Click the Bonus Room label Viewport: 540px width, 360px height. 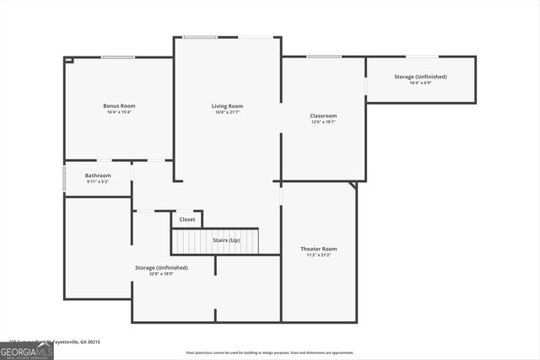tap(119, 105)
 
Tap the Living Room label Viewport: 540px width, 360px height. tap(227, 105)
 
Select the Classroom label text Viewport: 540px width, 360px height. tap(323, 116)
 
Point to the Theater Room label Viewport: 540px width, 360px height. tap(318, 249)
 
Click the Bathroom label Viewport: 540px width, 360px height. tap(98, 175)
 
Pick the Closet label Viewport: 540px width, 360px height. tap(187, 219)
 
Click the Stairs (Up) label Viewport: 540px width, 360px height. tap(225, 240)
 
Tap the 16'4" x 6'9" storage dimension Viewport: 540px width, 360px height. tap(420, 83)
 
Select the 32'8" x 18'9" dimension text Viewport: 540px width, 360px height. tap(161, 274)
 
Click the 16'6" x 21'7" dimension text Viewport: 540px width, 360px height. tap(227, 112)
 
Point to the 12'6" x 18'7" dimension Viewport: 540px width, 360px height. tap(323, 122)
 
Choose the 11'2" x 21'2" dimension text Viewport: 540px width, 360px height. tap(318, 255)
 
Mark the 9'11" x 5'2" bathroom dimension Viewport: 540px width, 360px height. tap(98, 182)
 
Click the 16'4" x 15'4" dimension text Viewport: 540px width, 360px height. tap(119, 112)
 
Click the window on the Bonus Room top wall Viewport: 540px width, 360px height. tap(118, 57)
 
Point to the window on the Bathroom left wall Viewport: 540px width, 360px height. tap(65, 179)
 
